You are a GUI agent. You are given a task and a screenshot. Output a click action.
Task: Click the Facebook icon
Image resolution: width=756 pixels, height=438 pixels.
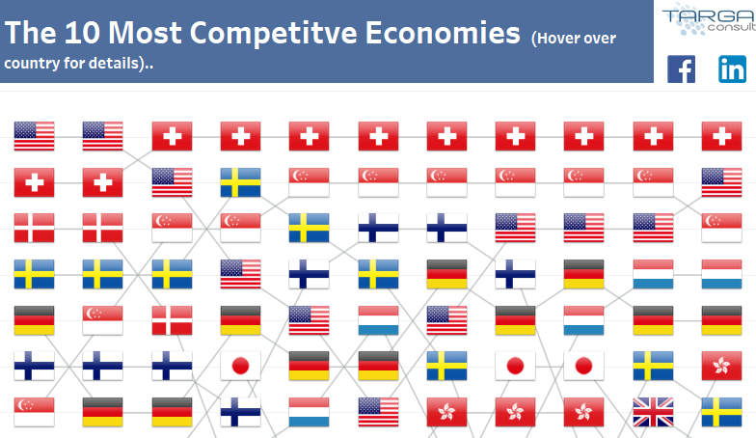pyautogui.click(x=681, y=69)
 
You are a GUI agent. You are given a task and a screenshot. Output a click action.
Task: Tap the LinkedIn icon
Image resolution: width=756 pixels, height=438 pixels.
pyautogui.click(x=733, y=69)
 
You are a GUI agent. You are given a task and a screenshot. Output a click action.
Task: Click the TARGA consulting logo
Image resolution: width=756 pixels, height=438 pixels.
pyautogui.click(x=709, y=19)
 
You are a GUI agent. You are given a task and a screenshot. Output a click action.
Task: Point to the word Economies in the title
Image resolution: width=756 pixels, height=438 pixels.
pyautogui.click(x=443, y=33)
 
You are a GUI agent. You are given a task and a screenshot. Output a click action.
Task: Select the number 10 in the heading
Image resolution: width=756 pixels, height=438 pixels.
pyautogui.click(x=83, y=33)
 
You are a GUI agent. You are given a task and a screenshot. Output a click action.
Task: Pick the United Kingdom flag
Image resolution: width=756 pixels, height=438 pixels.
pyautogui.click(x=653, y=412)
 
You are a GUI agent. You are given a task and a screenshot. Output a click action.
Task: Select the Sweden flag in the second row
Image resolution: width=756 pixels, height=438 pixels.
pyautogui.click(x=240, y=182)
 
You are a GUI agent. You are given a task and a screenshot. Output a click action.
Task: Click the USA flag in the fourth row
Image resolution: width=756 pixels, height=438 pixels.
pyautogui.click(x=240, y=274)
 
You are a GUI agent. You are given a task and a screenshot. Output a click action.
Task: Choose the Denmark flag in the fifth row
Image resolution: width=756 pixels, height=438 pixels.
pyautogui.click(x=172, y=320)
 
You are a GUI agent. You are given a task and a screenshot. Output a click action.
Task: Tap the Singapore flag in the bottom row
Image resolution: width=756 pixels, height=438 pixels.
pyautogui.click(x=34, y=412)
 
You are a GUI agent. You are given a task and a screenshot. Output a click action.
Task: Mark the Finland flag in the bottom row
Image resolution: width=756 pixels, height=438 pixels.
pyautogui.click(x=240, y=412)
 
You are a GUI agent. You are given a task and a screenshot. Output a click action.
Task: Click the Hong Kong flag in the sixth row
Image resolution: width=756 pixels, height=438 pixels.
pyautogui.click(x=721, y=366)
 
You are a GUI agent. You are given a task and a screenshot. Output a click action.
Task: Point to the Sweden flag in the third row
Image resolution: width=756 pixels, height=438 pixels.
pyautogui.click(x=309, y=228)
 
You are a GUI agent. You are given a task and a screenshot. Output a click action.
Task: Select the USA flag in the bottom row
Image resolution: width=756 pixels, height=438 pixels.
pyautogui.click(x=378, y=412)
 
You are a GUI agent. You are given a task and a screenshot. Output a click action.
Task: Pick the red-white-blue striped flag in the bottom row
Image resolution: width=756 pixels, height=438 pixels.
pyautogui.click(x=309, y=412)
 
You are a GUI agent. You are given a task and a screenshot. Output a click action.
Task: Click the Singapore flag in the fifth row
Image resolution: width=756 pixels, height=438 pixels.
pyautogui.click(x=102, y=320)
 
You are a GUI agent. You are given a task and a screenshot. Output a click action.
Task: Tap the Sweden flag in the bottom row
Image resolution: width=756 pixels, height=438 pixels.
pyautogui.click(x=721, y=412)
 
